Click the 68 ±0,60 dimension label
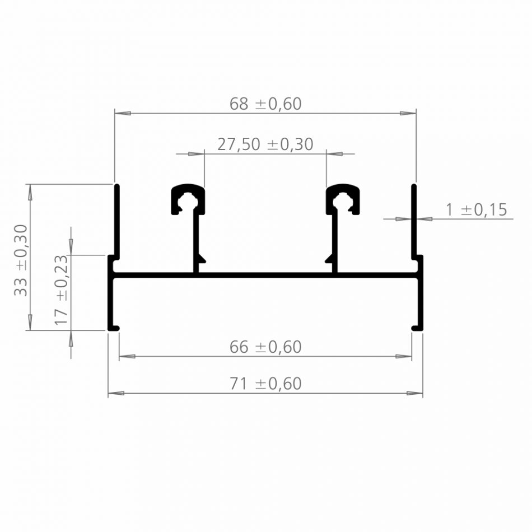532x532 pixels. [265, 104]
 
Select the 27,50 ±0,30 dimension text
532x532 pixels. [265, 144]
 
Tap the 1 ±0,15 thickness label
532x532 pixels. [477, 209]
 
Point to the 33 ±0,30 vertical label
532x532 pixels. [21, 260]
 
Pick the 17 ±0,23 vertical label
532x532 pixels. [62, 290]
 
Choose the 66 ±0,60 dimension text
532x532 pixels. [265, 347]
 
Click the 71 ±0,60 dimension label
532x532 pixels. [265, 384]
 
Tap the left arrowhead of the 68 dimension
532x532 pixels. [123, 113]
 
